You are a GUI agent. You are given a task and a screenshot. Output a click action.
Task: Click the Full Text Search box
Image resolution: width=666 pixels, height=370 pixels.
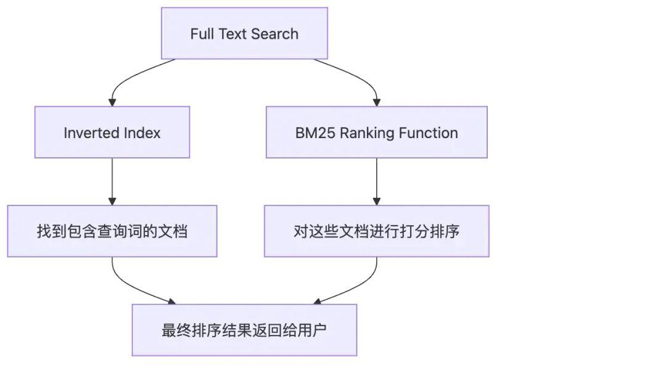click(244, 33)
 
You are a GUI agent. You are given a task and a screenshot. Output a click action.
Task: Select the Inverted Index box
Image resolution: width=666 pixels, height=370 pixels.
click(112, 132)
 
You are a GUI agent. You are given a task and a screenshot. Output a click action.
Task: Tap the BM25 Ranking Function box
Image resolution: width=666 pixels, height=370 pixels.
click(376, 132)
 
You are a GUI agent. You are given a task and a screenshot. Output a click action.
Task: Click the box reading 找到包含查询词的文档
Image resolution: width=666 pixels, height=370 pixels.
click(112, 231)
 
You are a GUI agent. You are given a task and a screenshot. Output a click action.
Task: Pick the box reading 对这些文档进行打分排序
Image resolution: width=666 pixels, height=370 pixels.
click(376, 231)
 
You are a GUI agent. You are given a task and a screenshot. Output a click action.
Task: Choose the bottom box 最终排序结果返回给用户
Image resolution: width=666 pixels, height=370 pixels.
click(244, 330)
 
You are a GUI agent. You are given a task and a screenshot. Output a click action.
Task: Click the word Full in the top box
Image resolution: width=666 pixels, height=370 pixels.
click(202, 34)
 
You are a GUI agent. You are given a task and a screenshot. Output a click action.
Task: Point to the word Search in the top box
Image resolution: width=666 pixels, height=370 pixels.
click(275, 34)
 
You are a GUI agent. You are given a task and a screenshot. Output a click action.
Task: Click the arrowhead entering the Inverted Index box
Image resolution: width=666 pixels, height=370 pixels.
click(112, 102)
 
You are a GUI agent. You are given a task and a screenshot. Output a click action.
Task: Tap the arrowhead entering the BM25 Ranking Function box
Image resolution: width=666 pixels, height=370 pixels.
click(376, 102)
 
